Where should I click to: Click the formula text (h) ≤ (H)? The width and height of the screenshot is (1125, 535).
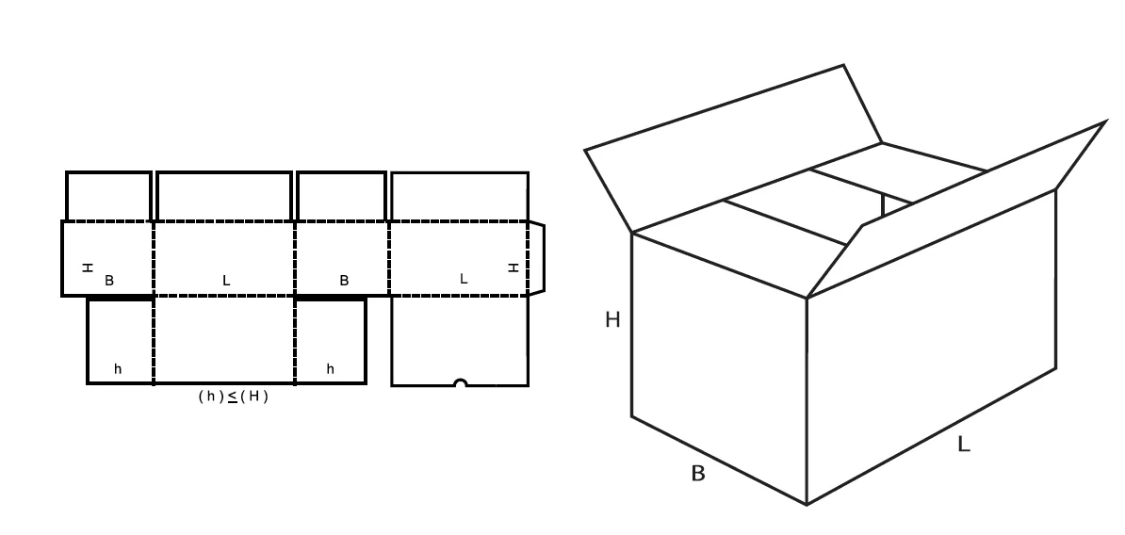point(233,397)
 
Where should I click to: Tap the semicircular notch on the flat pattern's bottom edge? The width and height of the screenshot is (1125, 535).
point(460,383)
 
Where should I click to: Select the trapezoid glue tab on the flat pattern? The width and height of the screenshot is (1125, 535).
point(536,258)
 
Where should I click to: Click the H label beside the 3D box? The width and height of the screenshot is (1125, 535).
point(612,320)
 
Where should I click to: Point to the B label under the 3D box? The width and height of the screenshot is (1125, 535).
point(698,474)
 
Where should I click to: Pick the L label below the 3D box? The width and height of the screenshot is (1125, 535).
point(963,444)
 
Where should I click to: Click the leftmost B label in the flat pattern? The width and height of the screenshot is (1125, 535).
point(109,281)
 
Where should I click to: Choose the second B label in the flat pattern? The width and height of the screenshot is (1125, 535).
point(344,281)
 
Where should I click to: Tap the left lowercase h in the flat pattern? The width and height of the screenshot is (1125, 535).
point(118,369)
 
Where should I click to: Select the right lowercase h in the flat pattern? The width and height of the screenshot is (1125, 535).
point(330,369)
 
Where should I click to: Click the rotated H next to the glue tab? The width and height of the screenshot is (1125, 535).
point(514,267)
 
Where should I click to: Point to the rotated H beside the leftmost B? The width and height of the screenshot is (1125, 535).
point(88,267)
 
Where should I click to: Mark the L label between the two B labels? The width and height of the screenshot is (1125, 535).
point(226,281)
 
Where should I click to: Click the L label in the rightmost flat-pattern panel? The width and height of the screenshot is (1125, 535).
point(463,279)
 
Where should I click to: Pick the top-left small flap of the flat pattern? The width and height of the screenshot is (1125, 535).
point(108,196)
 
